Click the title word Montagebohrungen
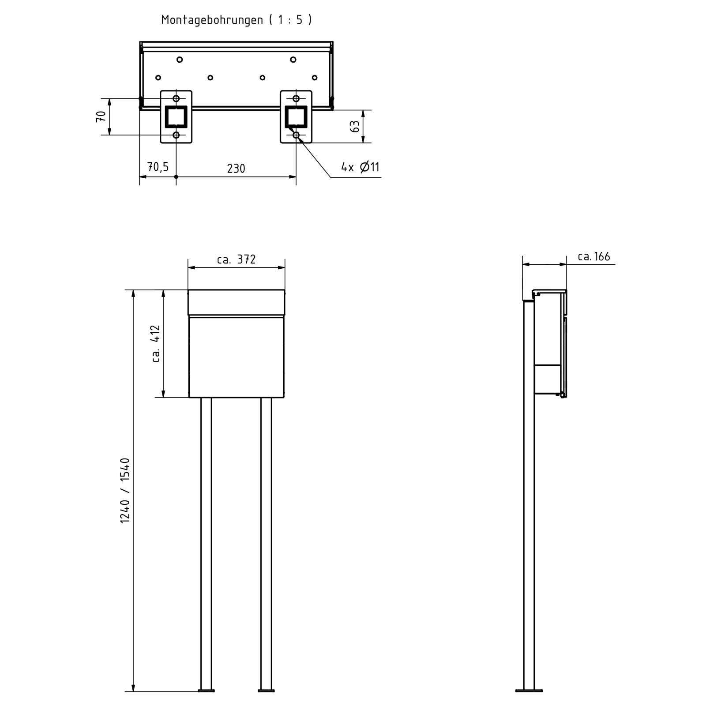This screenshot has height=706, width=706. coord(212,20)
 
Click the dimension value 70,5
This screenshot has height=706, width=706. coord(158,167)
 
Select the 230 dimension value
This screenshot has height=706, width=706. coord(236,169)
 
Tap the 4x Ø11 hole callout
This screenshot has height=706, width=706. coord(360,167)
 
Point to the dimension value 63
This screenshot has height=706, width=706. coord(355,127)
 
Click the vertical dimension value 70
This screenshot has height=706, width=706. coord(101,117)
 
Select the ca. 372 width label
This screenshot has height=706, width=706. coord(236,259)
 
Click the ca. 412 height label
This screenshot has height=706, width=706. coord(156,344)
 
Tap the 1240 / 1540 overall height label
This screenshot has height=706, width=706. coord(125,491)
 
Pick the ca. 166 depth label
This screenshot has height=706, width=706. coord(594,257)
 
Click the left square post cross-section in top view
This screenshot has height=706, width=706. coord(176,116)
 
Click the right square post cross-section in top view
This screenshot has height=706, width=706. coord(296,116)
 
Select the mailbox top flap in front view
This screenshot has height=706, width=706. coord(236,303)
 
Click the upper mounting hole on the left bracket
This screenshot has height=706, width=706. coord(176,98)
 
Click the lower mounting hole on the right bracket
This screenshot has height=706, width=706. coord(296,135)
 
